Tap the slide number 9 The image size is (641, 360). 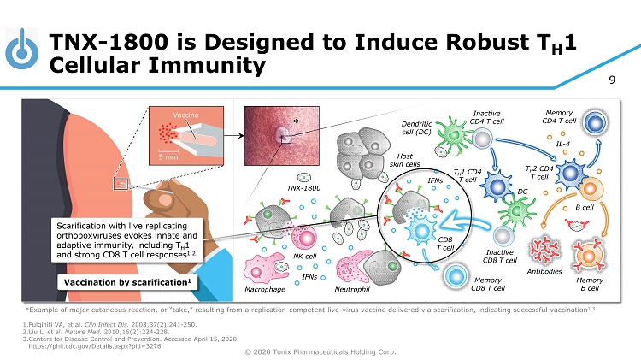[x=612, y=82]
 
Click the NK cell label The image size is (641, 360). [x=305, y=256]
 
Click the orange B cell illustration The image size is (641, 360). [x=589, y=191]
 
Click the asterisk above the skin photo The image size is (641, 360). [x=296, y=122]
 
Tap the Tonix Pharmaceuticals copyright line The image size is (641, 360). [x=320, y=353]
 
